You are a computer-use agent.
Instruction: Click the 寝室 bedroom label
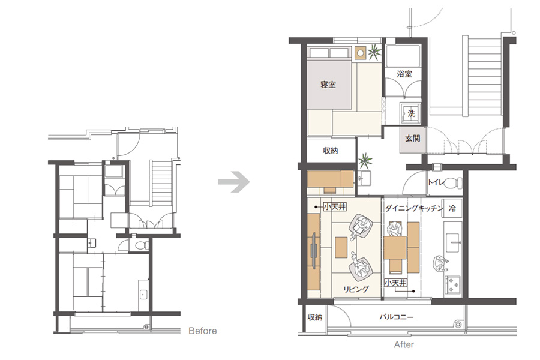pos(328,85)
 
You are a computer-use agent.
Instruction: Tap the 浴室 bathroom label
pos(404,74)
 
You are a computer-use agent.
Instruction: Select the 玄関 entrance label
pos(413,139)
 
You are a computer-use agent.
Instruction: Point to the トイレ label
pos(436,182)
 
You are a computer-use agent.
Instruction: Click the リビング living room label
pos(356,289)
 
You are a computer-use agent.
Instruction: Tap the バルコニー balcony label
pos(397,317)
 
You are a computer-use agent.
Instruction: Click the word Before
pos(203,331)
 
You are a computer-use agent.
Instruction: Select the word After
pos(404,344)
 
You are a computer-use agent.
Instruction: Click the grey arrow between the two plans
pos(234,182)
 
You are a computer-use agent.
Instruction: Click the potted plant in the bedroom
pos(374,52)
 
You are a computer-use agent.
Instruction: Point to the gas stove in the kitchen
pos(454,284)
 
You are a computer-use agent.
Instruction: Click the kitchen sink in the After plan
pos(452,242)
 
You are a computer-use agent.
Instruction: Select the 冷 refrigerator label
pos(452,208)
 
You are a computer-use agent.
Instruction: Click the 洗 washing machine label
pos(411,113)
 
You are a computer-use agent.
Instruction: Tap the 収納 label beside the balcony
pos(315,317)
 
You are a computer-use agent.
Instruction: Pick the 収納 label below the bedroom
pos(330,151)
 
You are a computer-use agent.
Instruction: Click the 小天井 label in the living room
pos(335,206)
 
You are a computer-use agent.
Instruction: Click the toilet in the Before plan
pos(140,245)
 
